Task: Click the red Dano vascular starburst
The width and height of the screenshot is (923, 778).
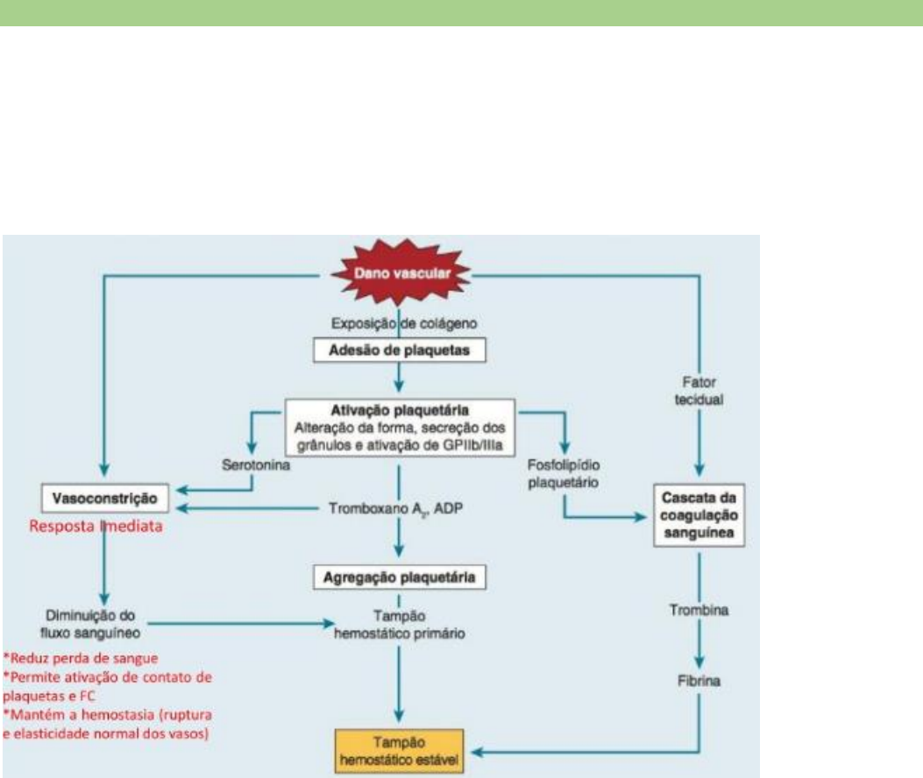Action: coord(399,273)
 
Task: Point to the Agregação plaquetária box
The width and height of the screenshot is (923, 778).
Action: coord(399,578)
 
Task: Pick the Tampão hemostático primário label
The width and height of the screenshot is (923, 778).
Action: coord(399,624)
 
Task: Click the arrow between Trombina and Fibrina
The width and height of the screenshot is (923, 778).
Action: coord(699,641)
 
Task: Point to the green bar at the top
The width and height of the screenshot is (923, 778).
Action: coord(461,12)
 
